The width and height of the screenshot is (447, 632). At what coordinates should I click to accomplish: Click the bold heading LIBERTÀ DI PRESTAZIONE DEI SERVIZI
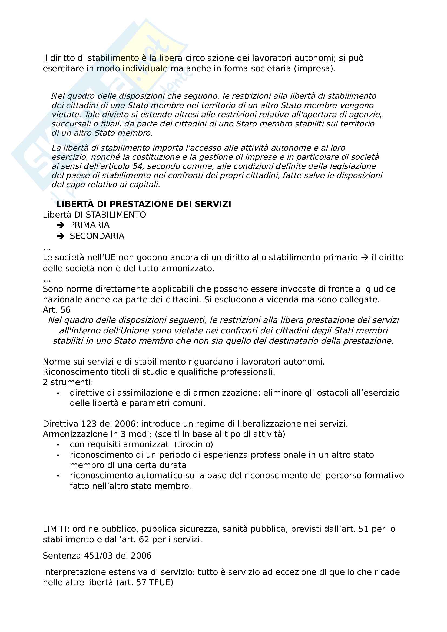pyautogui.click(x=144, y=204)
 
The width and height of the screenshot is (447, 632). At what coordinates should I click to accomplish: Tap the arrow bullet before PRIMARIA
pyautogui.click(x=60, y=225)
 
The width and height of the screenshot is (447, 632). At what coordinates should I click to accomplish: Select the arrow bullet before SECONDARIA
pyautogui.click(x=60, y=236)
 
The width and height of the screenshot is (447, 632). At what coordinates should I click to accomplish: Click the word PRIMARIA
pyautogui.click(x=90, y=225)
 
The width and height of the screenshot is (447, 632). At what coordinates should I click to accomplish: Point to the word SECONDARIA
pyautogui.click(x=97, y=236)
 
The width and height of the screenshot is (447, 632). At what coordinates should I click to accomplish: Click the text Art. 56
pyautogui.click(x=57, y=310)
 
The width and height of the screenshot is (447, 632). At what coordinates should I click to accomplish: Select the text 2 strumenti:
pyautogui.click(x=68, y=382)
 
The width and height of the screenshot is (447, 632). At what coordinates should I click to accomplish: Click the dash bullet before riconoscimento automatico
pyautogui.click(x=58, y=476)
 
